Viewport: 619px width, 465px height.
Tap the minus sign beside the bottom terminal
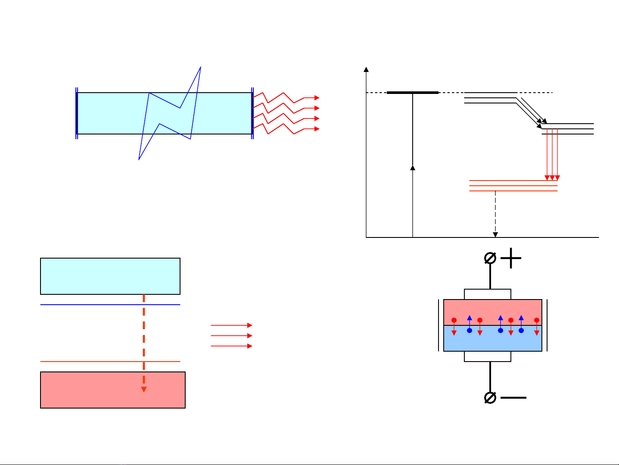[513, 397]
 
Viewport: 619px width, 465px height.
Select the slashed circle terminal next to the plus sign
[490, 258]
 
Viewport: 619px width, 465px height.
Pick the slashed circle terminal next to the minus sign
[490, 397]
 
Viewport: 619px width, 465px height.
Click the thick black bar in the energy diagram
[412, 93]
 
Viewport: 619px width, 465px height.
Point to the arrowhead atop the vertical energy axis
[366, 69]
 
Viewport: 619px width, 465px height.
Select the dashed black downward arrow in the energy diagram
[495, 213]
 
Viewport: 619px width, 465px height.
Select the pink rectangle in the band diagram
[112, 390]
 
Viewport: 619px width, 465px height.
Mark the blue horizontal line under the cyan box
[110, 305]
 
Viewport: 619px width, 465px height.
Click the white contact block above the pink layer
[487, 294]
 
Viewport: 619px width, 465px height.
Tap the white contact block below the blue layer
[487, 356]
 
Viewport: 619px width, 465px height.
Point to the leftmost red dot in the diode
[454, 320]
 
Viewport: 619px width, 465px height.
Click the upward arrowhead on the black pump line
[413, 168]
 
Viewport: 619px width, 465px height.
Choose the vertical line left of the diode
[439, 325]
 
